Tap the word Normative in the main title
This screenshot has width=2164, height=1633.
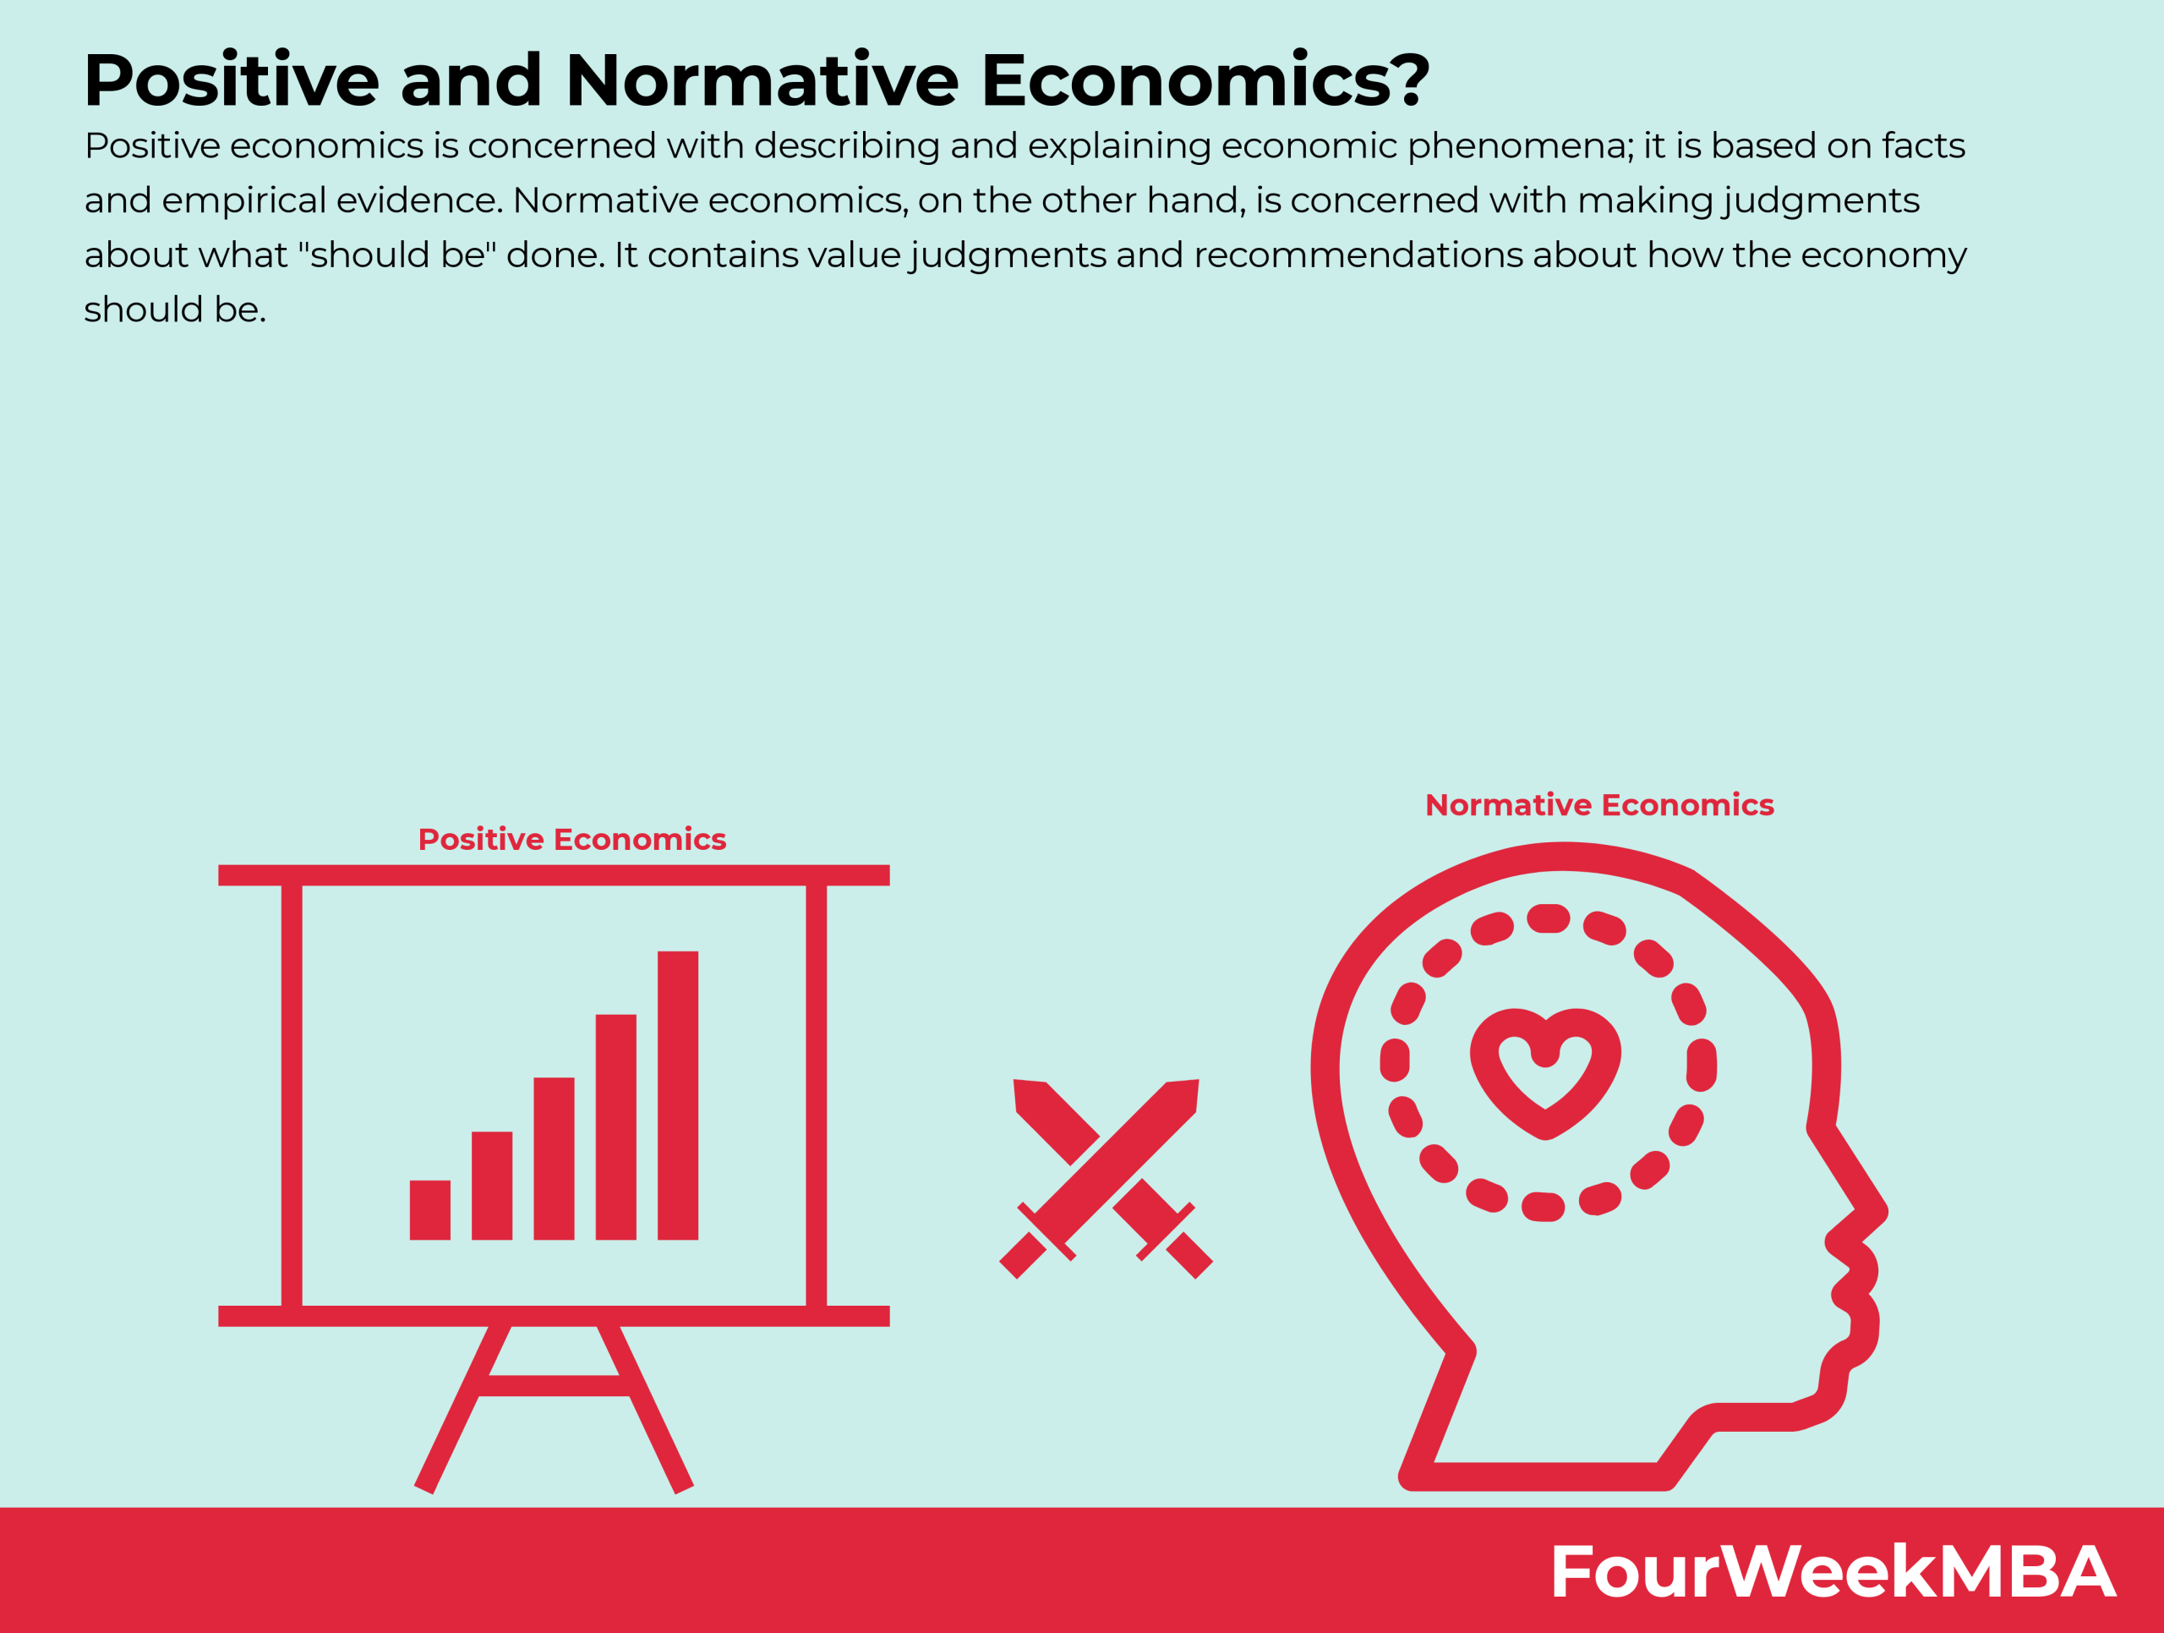click(x=761, y=80)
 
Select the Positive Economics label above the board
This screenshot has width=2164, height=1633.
click(x=571, y=840)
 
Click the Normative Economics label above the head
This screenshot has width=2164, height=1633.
click(x=1598, y=805)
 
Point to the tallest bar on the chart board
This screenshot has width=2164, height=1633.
click(x=677, y=1095)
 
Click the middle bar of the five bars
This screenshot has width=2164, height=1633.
click(x=554, y=1159)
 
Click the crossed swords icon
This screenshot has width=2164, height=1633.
click(x=1106, y=1179)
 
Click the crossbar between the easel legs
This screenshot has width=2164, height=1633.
click(x=554, y=1386)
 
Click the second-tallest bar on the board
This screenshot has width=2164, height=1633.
click(x=615, y=1126)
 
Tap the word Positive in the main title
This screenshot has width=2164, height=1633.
click(x=232, y=80)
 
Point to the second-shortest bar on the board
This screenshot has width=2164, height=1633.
click(x=491, y=1185)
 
